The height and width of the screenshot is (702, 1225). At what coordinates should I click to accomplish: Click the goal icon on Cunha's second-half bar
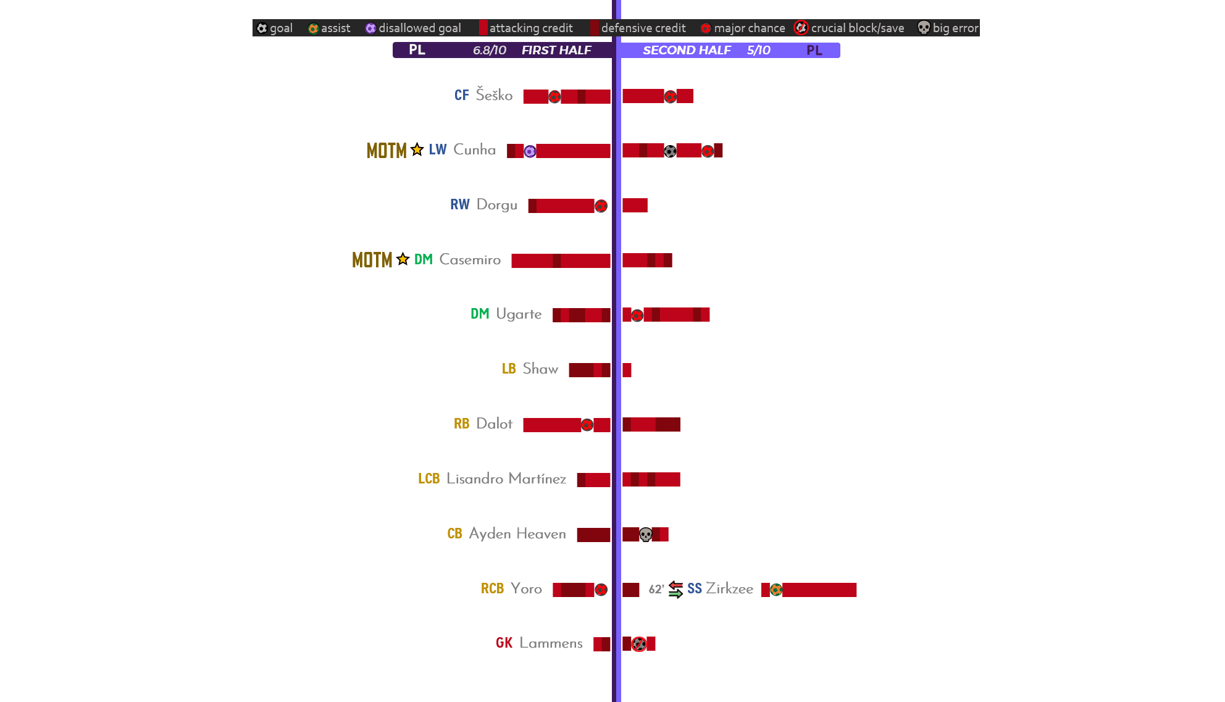[x=670, y=151]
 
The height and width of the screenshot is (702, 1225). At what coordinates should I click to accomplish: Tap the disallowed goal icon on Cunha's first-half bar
[x=530, y=151]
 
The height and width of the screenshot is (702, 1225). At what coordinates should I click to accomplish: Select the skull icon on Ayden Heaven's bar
[x=645, y=535]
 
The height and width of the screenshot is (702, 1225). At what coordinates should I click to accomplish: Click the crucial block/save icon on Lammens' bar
[x=639, y=644]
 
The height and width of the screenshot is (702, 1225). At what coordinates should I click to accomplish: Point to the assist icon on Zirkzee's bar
[x=776, y=590]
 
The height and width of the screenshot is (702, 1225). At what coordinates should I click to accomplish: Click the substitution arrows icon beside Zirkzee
[x=675, y=590]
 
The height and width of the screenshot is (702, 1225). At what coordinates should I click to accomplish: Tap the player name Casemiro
[x=470, y=260]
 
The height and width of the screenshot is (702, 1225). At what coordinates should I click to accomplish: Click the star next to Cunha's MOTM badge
[x=417, y=150]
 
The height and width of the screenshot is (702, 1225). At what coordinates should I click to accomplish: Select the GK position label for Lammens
[x=504, y=643]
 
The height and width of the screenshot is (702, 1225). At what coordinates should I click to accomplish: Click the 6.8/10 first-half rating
[x=489, y=50]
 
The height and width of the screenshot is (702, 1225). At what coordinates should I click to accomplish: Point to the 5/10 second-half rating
[x=758, y=50]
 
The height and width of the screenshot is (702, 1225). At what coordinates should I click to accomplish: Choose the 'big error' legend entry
[x=948, y=28]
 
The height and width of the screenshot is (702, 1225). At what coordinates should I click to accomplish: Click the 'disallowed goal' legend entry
[x=413, y=28]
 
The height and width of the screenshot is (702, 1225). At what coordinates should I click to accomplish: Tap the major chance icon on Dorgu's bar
[x=601, y=206]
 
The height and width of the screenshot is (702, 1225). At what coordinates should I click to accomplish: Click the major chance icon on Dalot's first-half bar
[x=587, y=425]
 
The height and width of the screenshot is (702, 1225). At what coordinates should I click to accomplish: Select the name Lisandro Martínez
[x=506, y=479]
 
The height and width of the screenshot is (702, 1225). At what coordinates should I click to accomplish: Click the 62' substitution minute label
[x=656, y=590]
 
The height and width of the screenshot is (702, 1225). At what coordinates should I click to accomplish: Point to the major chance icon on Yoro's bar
[x=601, y=590]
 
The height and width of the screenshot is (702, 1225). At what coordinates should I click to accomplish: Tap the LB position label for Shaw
[x=509, y=369]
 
